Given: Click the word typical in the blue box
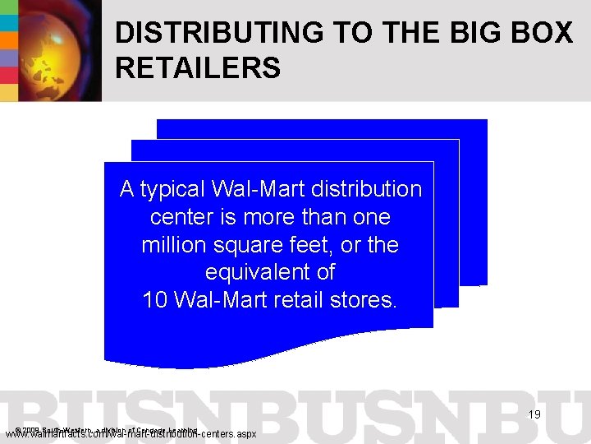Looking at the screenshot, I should click(173, 190).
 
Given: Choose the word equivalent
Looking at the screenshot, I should click(270, 272).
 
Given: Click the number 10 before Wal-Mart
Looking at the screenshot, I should click(156, 299).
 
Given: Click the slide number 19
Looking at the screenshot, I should click(534, 415).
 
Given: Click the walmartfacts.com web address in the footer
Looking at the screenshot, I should click(131, 433).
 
